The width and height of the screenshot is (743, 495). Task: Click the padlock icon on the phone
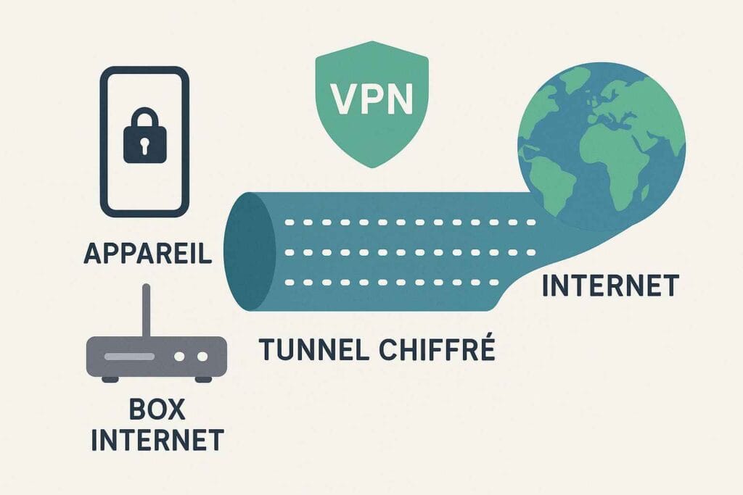pyautogui.click(x=144, y=138)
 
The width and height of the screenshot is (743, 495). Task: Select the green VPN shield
pyautogui.click(x=372, y=102)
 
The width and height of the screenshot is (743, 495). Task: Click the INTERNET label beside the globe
pyautogui.click(x=609, y=286)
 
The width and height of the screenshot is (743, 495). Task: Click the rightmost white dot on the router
pyautogui.click(x=202, y=357)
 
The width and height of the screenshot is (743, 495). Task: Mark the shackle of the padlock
pyautogui.click(x=144, y=117)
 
